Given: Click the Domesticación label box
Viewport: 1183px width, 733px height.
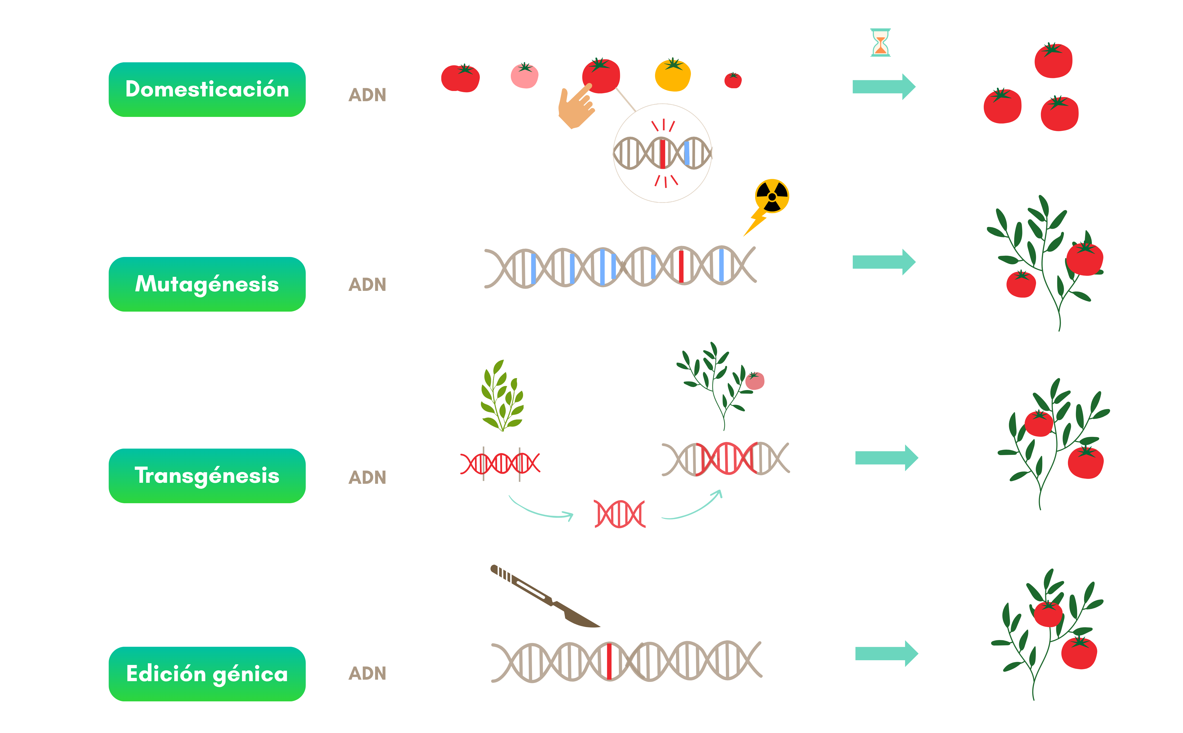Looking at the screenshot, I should pyautogui.click(x=207, y=90).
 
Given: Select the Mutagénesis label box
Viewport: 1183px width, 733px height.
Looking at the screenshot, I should pyautogui.click(x=207, y=284).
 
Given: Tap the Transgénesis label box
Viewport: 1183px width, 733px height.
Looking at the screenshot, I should pyautogui.click(x=207, y=476).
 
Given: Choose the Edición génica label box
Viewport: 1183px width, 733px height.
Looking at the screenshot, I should pyautogui.click(x=207, y=674).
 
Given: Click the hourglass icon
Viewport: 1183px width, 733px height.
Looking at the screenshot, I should pyautogui.click(x=880, y=43).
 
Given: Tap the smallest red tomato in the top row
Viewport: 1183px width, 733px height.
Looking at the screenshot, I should pyautogui.click(x=733, y=81).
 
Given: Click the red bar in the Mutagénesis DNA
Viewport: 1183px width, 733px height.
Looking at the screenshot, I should pyautogui.click(x=681, y=266).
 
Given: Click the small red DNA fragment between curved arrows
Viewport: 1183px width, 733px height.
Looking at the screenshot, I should pyautogui.click(x=620, y=514).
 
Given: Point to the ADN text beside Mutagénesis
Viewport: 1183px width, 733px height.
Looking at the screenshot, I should pyautogui.click(x=367, y=285).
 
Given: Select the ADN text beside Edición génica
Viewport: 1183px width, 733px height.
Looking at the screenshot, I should pyautogui.click(x=367, y=673).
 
